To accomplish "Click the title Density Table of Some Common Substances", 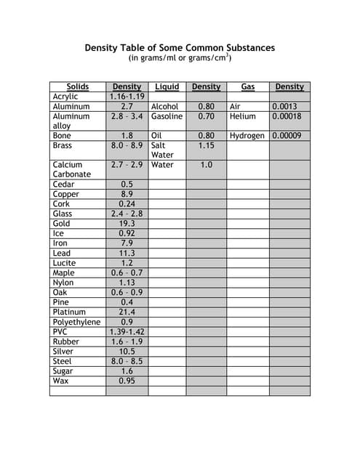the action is click(180, 48).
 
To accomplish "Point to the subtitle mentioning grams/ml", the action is click(180, 58).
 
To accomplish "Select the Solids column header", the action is click(77, 86).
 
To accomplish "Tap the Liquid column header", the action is click(167, 86).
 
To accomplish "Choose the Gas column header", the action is click(248, 86).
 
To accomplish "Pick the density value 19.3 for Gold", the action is click(127, 224).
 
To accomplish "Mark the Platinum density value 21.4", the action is click(127, 312).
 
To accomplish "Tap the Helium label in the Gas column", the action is click(242, 116).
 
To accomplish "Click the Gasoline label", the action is click(167, 116).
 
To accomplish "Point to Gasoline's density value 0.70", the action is click(206, 116).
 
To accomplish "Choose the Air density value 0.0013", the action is click(284, 106).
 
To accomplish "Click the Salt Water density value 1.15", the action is click(206, 145).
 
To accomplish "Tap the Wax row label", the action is click(60, 381).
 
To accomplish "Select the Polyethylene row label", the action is click(76, 322).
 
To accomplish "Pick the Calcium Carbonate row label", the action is click(71, 169).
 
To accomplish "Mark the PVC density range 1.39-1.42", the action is click(127, 332).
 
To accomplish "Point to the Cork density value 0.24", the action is click(127, 204).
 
